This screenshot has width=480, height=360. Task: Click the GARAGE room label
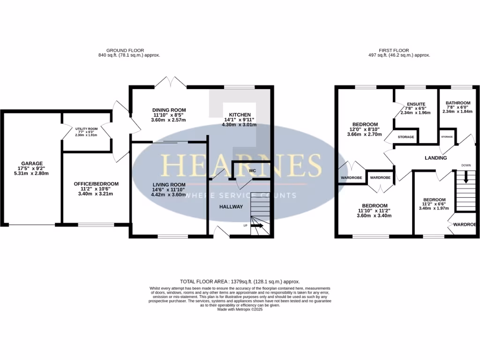pos(31,164)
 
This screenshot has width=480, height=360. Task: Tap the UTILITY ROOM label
pos(87,128)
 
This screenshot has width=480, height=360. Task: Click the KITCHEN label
pos(240,115)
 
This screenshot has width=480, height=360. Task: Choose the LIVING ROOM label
pos(168,185)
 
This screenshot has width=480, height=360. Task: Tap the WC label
pos(252,171)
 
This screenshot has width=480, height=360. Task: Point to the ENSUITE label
pos(416,104)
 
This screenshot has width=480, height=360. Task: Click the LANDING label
pos(435,158)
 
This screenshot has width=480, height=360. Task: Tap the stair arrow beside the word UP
pos(257,226)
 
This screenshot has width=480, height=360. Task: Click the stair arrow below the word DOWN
pos(465,177)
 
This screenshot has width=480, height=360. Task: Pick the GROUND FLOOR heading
pos(125,50)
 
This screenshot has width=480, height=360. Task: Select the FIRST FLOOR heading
pos(394,50)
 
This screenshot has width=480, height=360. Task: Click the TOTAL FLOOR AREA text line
pos(240,281)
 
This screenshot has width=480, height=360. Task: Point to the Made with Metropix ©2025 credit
pos(240,309)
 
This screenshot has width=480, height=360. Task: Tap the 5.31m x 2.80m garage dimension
pos(31,173)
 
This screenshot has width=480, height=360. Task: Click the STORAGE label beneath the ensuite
pos(406,137)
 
